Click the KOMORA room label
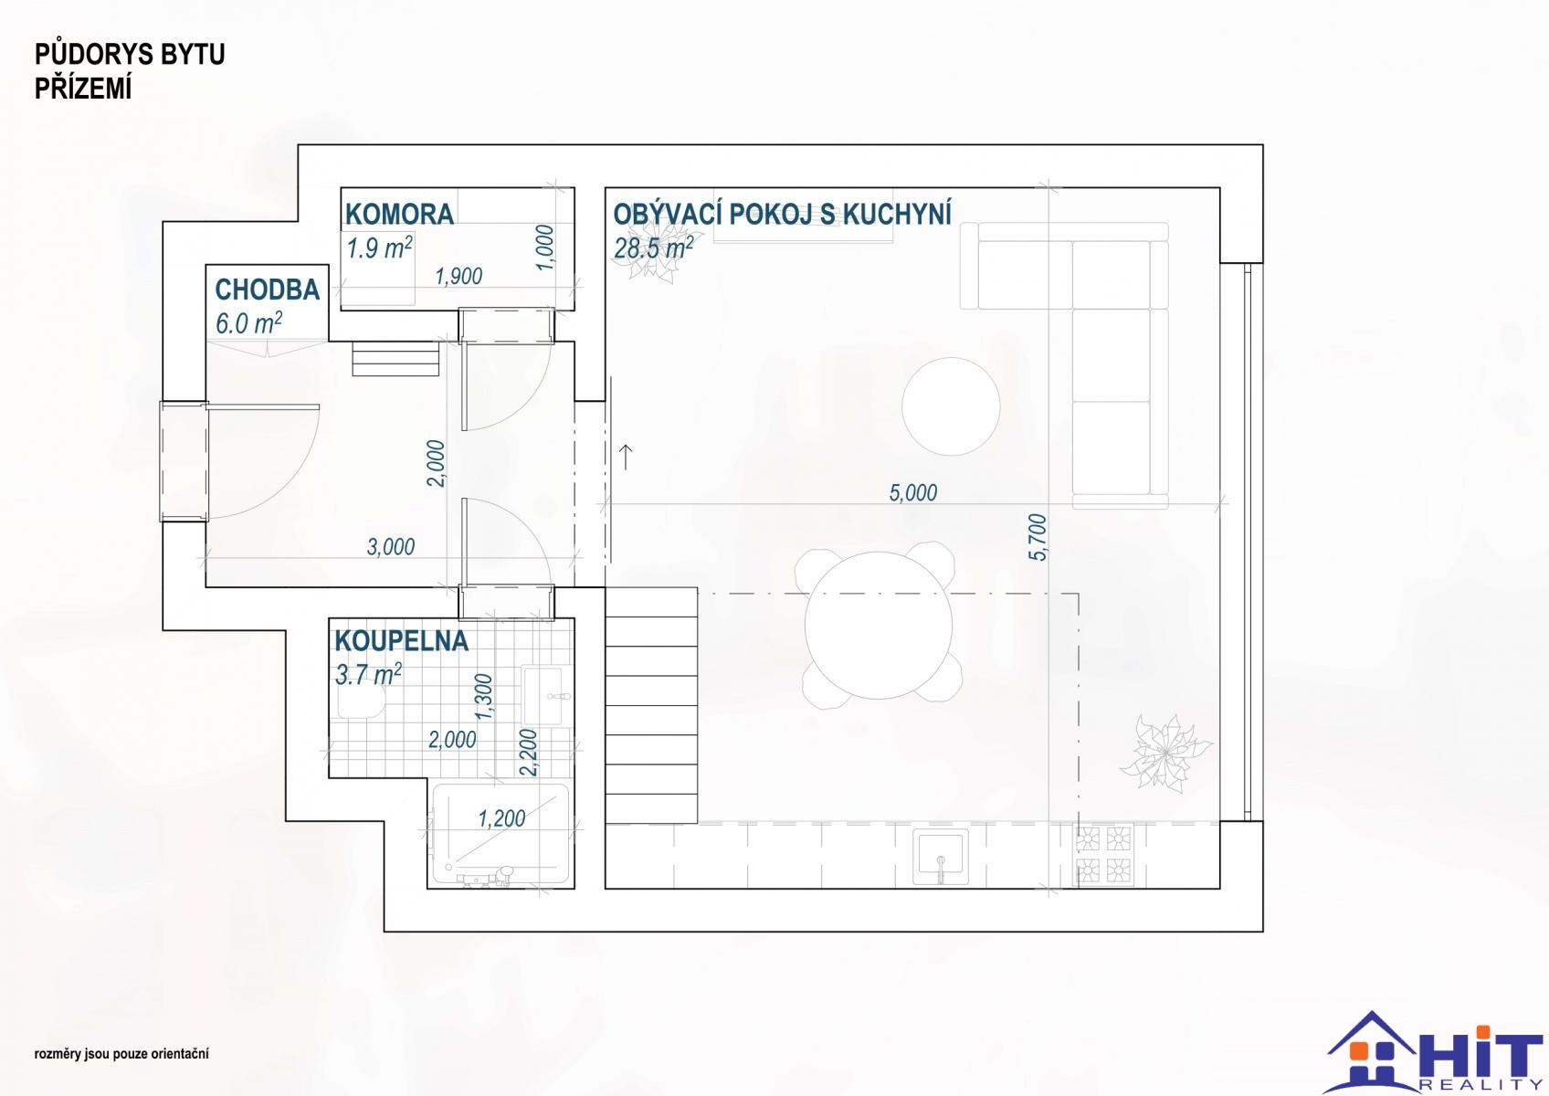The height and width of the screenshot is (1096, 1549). [x=400, y=215]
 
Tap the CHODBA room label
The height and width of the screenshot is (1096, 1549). [x=268, y=290]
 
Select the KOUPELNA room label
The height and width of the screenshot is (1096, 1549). [x=402, y=641]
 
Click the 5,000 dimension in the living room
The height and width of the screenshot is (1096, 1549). [x=912, y=493]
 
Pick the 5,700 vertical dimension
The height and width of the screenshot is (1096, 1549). [x=1038, y=537]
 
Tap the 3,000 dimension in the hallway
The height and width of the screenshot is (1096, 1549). [x=391, y=547]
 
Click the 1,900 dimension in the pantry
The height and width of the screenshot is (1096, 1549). [x=458, y=277]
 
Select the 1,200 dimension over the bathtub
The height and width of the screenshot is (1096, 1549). [x=501, y=818]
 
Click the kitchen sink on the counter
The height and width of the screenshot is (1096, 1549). [x=940, y=857]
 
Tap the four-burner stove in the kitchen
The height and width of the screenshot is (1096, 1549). [x=1104, y=856]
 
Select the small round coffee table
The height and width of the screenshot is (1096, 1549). [x=951, y=406]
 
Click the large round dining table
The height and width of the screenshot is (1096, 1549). [x=879, y=625]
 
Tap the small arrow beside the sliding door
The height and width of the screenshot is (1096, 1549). [x=625, y=457]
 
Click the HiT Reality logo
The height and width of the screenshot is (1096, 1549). [x=1434, y=1052]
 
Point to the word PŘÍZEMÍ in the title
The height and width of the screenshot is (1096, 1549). [x=83, y=90]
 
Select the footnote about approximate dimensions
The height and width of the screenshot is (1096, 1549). [x=121, y=1054]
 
